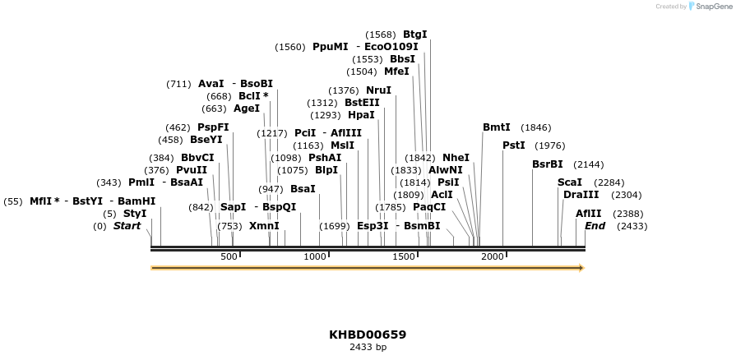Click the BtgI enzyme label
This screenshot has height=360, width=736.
click(414, 35)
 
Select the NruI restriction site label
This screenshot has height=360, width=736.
click(378, 90)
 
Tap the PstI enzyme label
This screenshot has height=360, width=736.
click(513, 145)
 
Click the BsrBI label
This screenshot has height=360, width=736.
click(547, 164)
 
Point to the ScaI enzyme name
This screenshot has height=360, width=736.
click(569, 182)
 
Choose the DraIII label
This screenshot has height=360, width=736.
click(581, 195)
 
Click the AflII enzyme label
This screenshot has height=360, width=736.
click(588, 214)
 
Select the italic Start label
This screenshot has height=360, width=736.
click(127, 226)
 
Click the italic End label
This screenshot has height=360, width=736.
click(595, 226)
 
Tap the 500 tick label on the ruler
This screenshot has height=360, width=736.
click(229, 257)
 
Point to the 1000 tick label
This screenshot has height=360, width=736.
click(315, 257)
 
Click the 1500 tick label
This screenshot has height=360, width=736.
click(404, 257)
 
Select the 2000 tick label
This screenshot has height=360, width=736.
click(492, 257)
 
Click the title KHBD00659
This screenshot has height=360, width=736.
click(368, 335)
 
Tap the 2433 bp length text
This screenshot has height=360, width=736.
click(368, 348)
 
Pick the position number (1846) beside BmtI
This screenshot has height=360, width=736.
click(536, 127)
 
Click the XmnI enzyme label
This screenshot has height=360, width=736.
click(264, 226)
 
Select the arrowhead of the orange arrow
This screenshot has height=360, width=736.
click(581, 268)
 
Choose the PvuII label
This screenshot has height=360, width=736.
click(192, 170)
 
